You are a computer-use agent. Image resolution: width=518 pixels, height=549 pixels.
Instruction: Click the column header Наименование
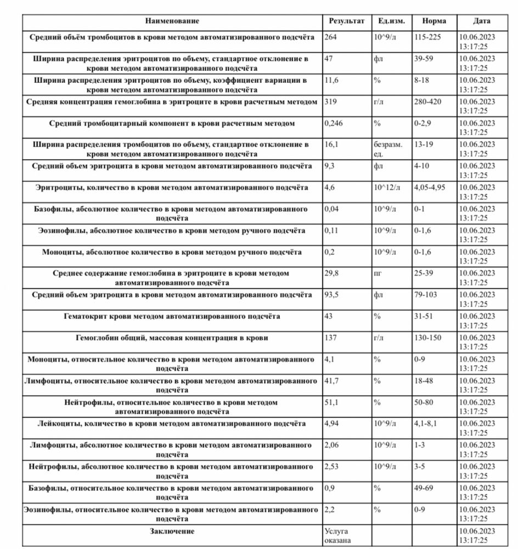172,21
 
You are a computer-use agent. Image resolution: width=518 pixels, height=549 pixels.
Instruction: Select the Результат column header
346,21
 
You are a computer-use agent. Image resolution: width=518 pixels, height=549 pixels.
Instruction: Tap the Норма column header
434,21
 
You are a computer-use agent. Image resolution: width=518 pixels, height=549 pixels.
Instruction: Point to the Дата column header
482,21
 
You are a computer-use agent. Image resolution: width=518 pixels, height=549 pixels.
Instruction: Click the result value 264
330,37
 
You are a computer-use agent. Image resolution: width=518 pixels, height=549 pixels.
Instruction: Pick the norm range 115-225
428,37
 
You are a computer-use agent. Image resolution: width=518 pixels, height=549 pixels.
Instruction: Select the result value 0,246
334,123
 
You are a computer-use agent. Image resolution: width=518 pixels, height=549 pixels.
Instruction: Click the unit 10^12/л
387,188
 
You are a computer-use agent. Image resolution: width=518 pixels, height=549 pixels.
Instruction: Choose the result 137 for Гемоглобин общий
330,337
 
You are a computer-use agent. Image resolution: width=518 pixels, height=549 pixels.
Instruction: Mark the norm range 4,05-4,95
430,188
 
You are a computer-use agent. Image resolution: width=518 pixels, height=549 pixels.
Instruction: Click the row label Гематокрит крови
172,316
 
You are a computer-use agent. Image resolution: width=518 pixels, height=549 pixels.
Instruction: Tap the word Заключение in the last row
172,531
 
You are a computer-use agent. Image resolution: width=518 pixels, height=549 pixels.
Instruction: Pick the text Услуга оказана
339,536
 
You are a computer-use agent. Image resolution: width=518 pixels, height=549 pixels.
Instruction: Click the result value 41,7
332,380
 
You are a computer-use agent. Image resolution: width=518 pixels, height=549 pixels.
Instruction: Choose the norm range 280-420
428,102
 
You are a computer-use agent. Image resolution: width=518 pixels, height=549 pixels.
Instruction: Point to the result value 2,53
332,467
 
